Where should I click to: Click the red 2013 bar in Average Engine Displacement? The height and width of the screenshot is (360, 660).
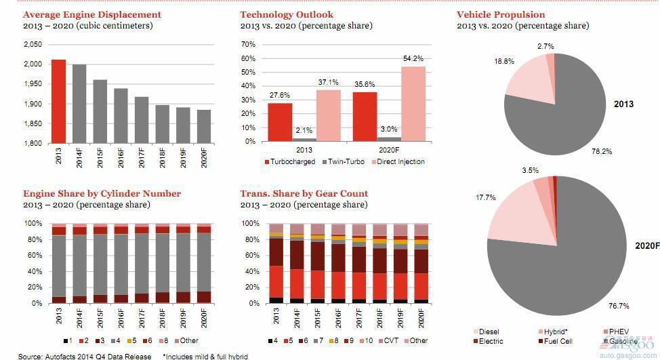coord(59,101)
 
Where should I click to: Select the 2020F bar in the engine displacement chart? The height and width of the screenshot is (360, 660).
coord(203,126)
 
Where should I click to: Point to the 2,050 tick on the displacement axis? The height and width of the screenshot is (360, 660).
coord(33,45)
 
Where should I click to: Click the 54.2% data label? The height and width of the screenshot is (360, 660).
coord(412,59)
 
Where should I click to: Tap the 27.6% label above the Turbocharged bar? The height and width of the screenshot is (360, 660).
coord(279,96)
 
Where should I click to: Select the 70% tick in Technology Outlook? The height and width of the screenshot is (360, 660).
coord(248,45)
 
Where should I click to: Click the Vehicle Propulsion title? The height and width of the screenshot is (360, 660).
coord(500,14)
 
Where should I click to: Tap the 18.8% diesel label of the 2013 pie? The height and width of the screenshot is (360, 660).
coord(503,61)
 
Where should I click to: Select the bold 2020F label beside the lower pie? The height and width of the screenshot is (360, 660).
coord(646,245)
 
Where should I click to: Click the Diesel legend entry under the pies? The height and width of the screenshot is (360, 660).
coord(488,332)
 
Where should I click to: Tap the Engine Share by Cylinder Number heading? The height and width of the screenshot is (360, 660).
coord(102,194)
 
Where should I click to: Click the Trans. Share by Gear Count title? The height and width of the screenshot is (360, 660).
coord(304,194)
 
